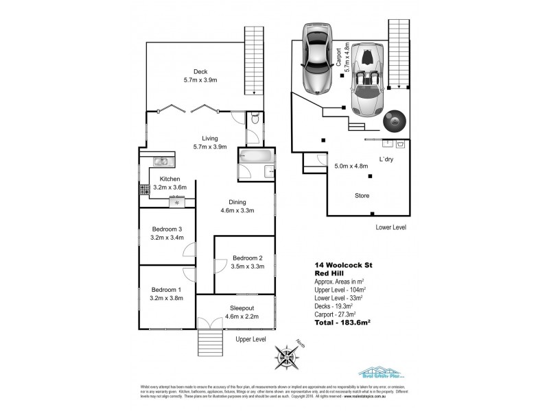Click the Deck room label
pos(200,72)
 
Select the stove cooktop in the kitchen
pos(145,190)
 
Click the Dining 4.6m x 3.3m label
pos(238,206)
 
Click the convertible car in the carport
pos(369,79)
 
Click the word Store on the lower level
pos(362,196)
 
